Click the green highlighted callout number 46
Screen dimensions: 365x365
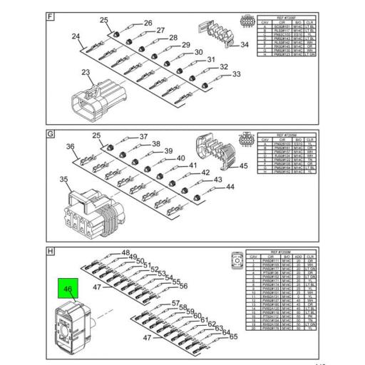click(x=69, y=290)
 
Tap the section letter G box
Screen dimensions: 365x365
click(x=51, y=133)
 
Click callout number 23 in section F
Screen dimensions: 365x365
click(x=86, y=73)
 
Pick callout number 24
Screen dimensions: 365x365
click(x=76, y=36)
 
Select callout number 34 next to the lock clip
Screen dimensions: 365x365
click(x=244, y=44)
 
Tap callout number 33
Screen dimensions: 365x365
click(x=237, y=74)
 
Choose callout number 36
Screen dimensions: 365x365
click(x=71, y=147)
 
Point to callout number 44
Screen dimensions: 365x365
click(x=230, y=187)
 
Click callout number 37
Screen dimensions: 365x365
click(x=143, y=136)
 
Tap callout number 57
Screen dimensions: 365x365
click(x=175, y=304)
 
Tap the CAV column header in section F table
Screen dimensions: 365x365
click(x=266, y=22)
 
